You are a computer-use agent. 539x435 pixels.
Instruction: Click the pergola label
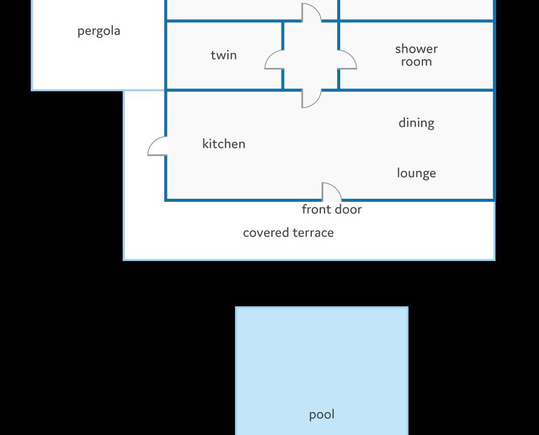(98, 31)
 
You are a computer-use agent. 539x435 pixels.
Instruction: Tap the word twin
(224, 55)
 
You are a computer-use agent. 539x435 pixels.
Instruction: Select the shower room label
(416, 55)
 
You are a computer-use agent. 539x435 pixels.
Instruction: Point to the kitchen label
(224, 144)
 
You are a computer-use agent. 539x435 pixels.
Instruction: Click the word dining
(416, 123)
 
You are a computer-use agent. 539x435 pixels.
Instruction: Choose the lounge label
(416, 173)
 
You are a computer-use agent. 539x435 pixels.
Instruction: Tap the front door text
(332, 209)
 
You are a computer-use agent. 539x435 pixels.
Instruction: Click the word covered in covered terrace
(266, 233)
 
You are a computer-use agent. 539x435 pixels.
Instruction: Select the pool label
(321, 414)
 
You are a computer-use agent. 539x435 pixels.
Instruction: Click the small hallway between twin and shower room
(311, 56)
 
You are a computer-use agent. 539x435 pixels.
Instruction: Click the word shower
(416, 49)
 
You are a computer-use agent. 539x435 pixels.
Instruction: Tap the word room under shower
(416, 62)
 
